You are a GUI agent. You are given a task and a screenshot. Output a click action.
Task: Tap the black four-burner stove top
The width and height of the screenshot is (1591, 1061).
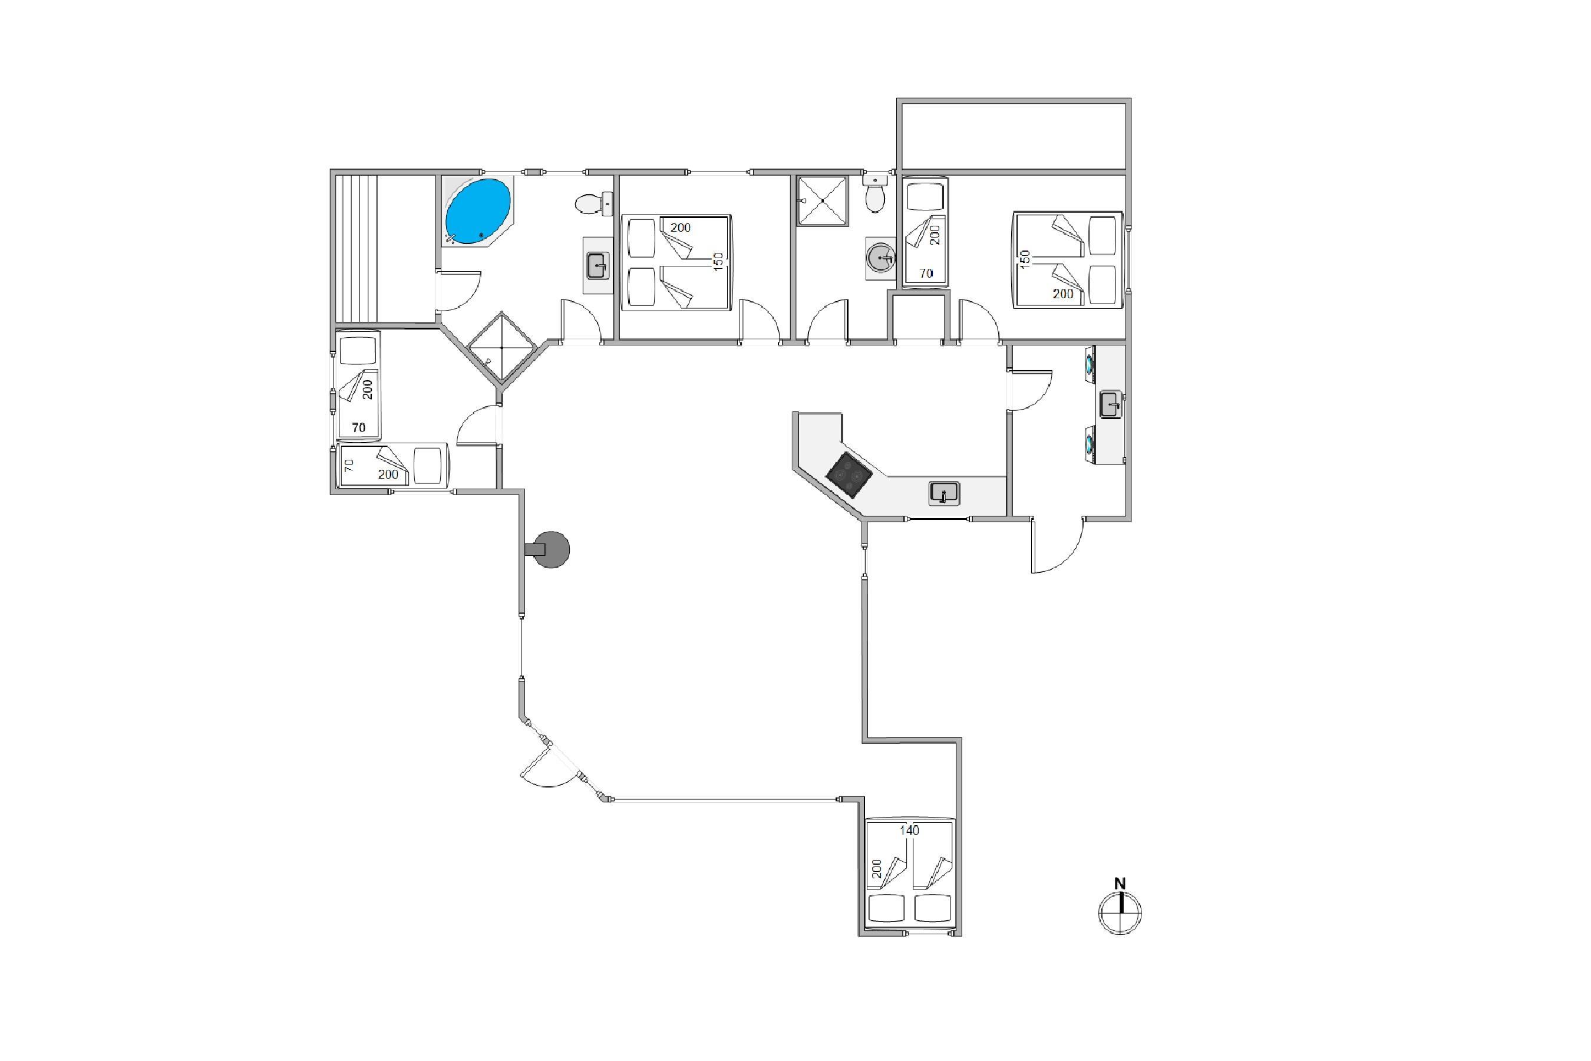[x=850, y=475]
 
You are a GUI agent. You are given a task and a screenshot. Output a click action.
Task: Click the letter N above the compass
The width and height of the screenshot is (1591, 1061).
[x=1120, y=883]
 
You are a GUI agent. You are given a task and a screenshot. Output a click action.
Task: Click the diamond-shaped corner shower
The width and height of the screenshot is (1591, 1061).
[x=502, y=348]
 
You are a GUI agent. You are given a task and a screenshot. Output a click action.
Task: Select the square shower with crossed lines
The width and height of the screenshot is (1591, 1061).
[x=822, y=200]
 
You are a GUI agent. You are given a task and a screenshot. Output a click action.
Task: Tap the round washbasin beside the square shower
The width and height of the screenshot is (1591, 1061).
[x=880, y=257]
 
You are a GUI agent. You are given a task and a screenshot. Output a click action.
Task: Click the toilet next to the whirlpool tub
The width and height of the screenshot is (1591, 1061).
[x=594, y=202]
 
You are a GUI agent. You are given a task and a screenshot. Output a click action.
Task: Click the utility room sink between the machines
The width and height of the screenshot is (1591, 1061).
[x=1110, y=404]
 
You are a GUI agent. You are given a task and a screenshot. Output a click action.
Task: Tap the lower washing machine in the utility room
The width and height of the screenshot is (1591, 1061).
[x=1090, y=444]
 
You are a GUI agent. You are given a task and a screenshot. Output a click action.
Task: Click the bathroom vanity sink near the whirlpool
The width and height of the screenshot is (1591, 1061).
[x=598, y=265]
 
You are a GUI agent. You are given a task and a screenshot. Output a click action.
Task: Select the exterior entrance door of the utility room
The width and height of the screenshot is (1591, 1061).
[x=1057, y=545]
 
